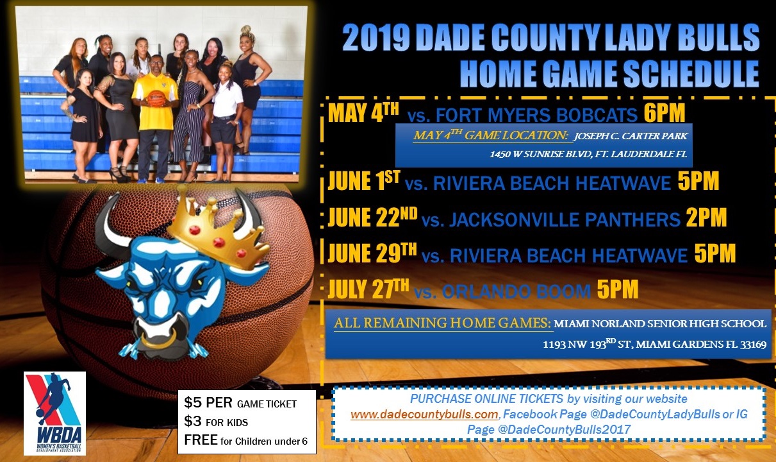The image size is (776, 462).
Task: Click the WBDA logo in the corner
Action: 54,413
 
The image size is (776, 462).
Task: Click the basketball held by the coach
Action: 156,99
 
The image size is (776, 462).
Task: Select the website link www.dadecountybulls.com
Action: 424,414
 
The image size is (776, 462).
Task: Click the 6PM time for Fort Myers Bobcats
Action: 665,113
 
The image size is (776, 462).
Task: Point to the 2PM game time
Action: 706,218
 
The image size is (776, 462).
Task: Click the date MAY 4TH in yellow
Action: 363,113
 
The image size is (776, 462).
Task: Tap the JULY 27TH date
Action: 368,289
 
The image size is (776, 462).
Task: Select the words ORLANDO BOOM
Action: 516,291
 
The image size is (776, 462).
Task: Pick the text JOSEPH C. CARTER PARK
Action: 631,136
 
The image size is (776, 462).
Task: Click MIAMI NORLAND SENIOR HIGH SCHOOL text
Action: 660,323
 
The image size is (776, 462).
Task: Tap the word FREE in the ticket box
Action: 201,440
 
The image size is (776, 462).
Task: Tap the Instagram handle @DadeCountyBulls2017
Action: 564,430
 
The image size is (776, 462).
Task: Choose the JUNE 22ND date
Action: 372,218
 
